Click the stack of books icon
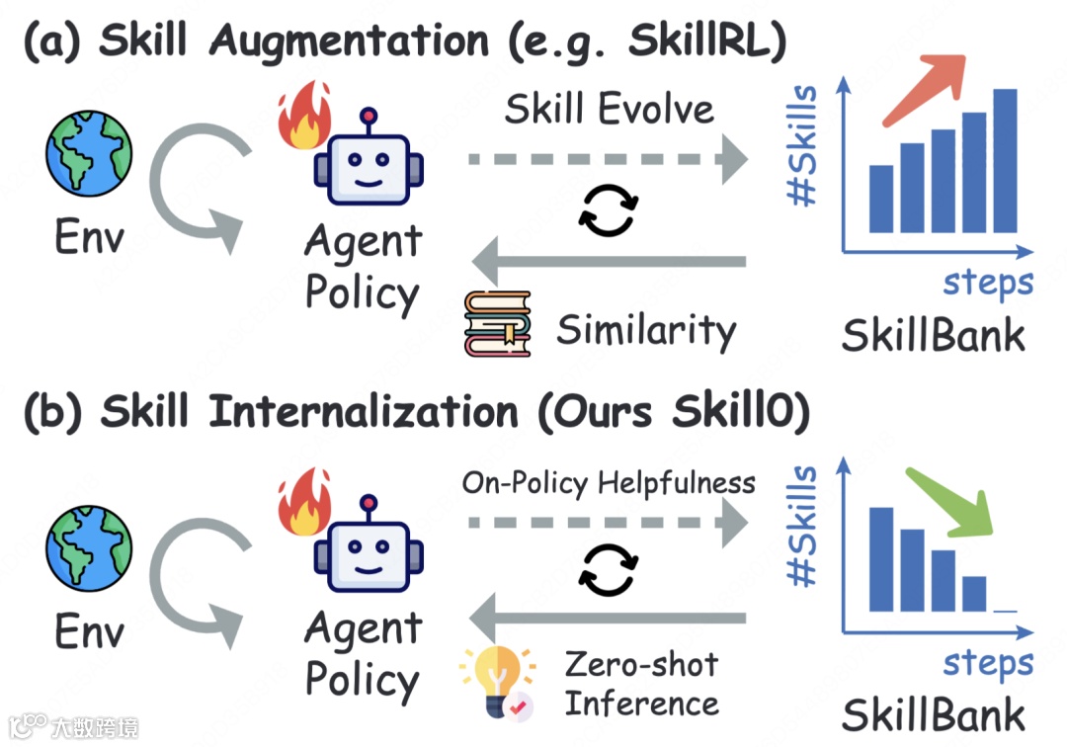coord(497,323)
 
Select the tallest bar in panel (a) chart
coord(1004,160)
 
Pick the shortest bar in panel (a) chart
coord(880,198)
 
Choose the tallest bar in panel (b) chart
coord(881,559)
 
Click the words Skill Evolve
coord(609,109)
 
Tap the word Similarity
coord(646,329)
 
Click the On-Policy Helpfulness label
coord(609,483)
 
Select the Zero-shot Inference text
coord(641,684)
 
